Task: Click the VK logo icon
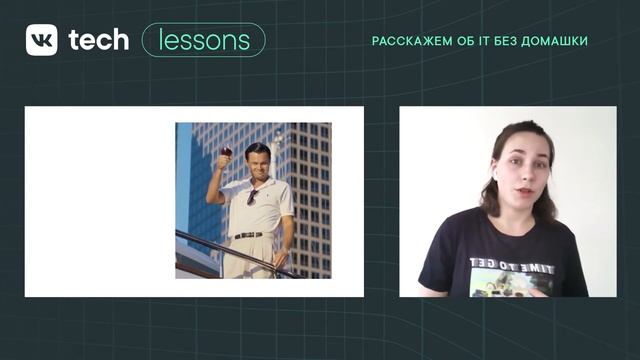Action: (41, 39)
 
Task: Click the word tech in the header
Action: (98, 39)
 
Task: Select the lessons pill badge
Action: (204, 40)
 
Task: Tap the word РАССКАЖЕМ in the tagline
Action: (404, 41)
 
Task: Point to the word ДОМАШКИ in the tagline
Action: (554, 41)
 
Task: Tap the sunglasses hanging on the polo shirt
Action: (252, 197)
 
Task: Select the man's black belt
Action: (248, 235)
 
